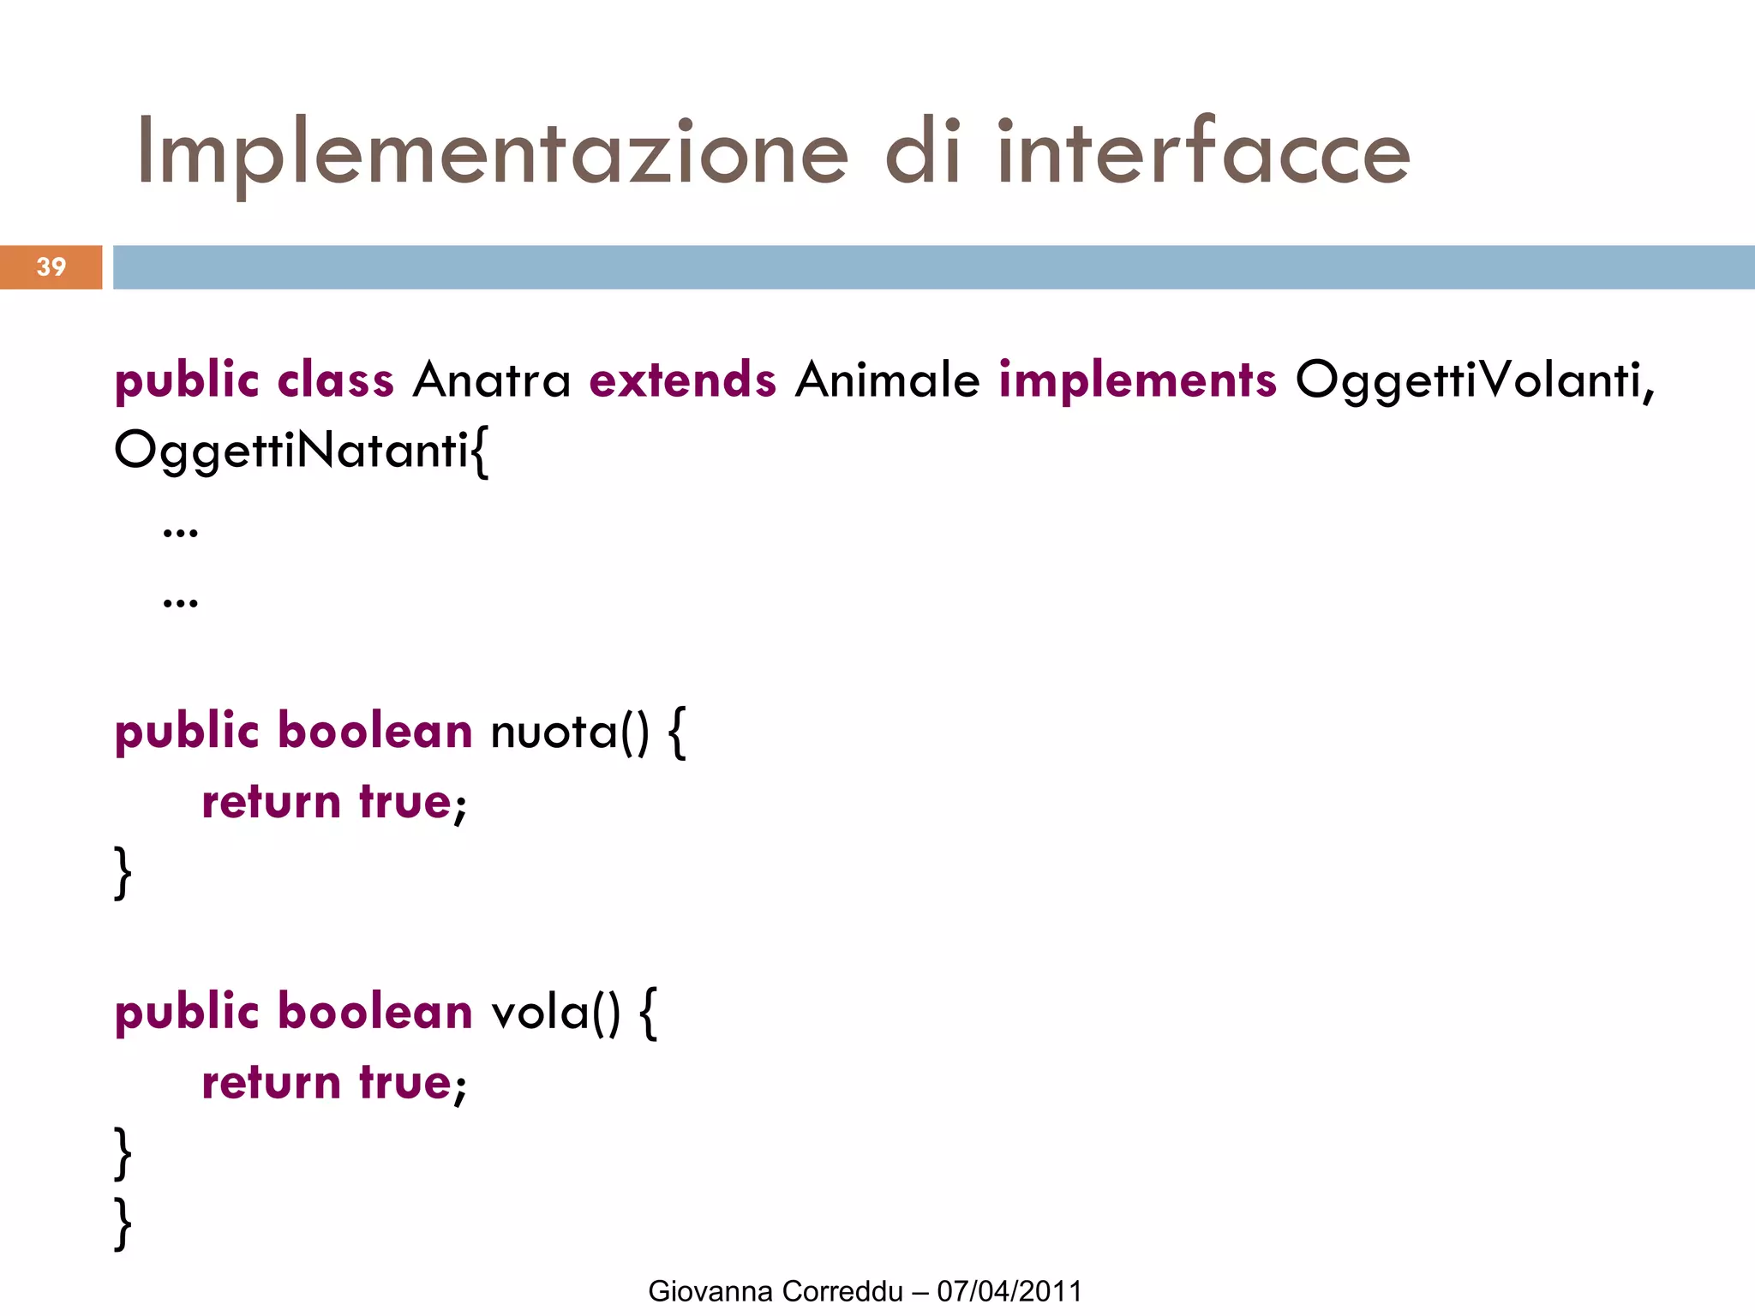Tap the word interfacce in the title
[x=1203, y=153]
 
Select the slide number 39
[x=51, y=267]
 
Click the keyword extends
[x=682, y=380]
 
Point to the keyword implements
[x=1137, y=380]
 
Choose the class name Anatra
[x=491, y=380]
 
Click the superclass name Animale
[x=887, y=380]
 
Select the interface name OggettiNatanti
[x=291, y=450]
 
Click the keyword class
[x=335, y=380]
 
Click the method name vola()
[x=554, y=1013]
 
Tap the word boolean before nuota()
[x=375, y=733]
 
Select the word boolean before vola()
[x=375, y=1013]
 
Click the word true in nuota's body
[x=404, y=803]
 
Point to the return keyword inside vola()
[x=271, y=1083]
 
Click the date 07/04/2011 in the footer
[x=1009, y=1291]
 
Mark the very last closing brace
[x=123, y=1223]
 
